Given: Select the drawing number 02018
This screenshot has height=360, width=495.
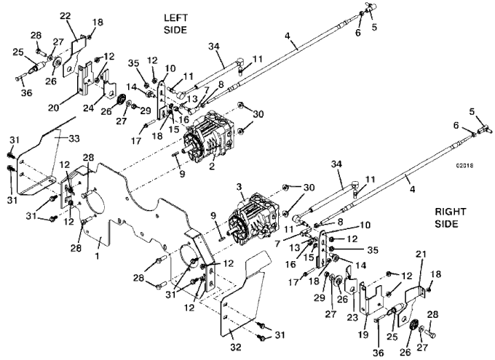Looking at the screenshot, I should pyautogui.click(x=464, y=166).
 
